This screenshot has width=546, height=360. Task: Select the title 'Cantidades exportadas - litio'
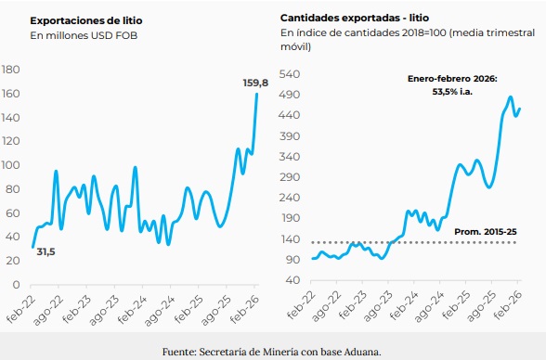355,18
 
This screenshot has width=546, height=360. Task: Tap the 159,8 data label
255,83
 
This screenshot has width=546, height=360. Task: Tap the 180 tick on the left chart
12,71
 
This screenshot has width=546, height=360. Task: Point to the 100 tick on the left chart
12,165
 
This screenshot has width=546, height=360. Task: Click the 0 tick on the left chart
18,284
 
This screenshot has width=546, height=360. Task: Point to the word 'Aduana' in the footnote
361,351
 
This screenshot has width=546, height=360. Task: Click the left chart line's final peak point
256,95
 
